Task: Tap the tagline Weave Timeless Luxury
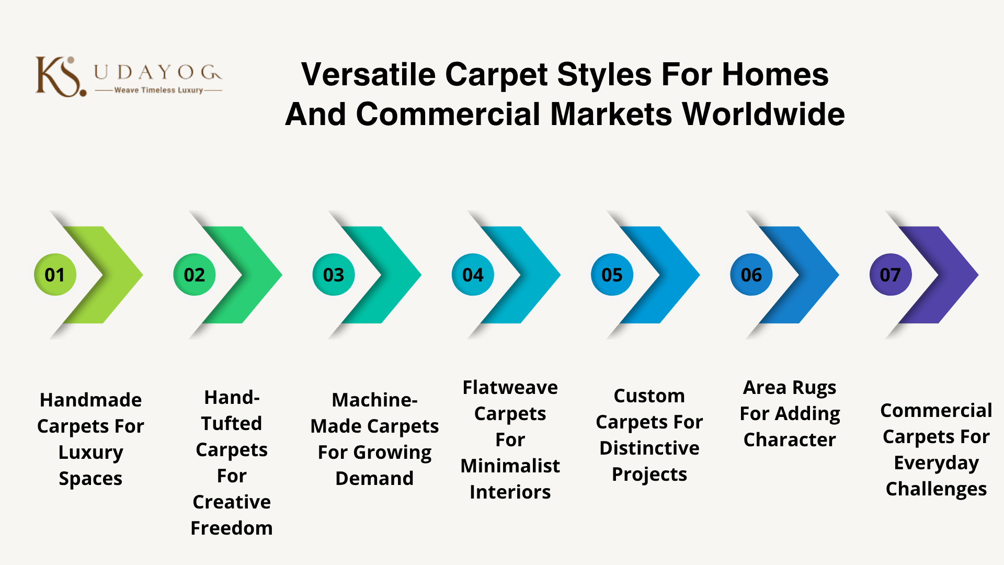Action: (x=158, y=90)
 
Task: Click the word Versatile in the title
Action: (x=369, y=74)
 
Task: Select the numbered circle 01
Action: (x=55, y=275)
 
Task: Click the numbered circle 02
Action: (x=195, y=275)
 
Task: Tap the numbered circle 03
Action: (x=334, y=275)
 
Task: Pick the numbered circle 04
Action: (x=473, y=275)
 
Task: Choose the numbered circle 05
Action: (x=612, y=275)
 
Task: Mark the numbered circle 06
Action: (x=751, y=275)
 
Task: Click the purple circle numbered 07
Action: (x=891, y=275)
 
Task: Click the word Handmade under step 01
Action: (x=90, y=400)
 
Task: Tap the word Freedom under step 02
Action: (x=232, y=528)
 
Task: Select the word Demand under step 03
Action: (x=374, y=479)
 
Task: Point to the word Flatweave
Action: (x=510, y=388)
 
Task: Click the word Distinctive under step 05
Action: (x=649, y=448)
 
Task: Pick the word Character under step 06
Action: (x=790, y=440)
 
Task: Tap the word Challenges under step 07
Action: (x=936, y=490)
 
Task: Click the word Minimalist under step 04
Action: (x=510, y=466)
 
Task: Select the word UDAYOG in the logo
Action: (x=158, y=72)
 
